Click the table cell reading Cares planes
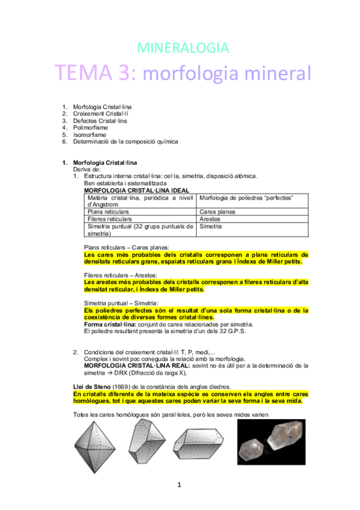coord(217,212)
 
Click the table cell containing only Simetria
coord(211,227)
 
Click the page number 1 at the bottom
coord(180,485)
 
